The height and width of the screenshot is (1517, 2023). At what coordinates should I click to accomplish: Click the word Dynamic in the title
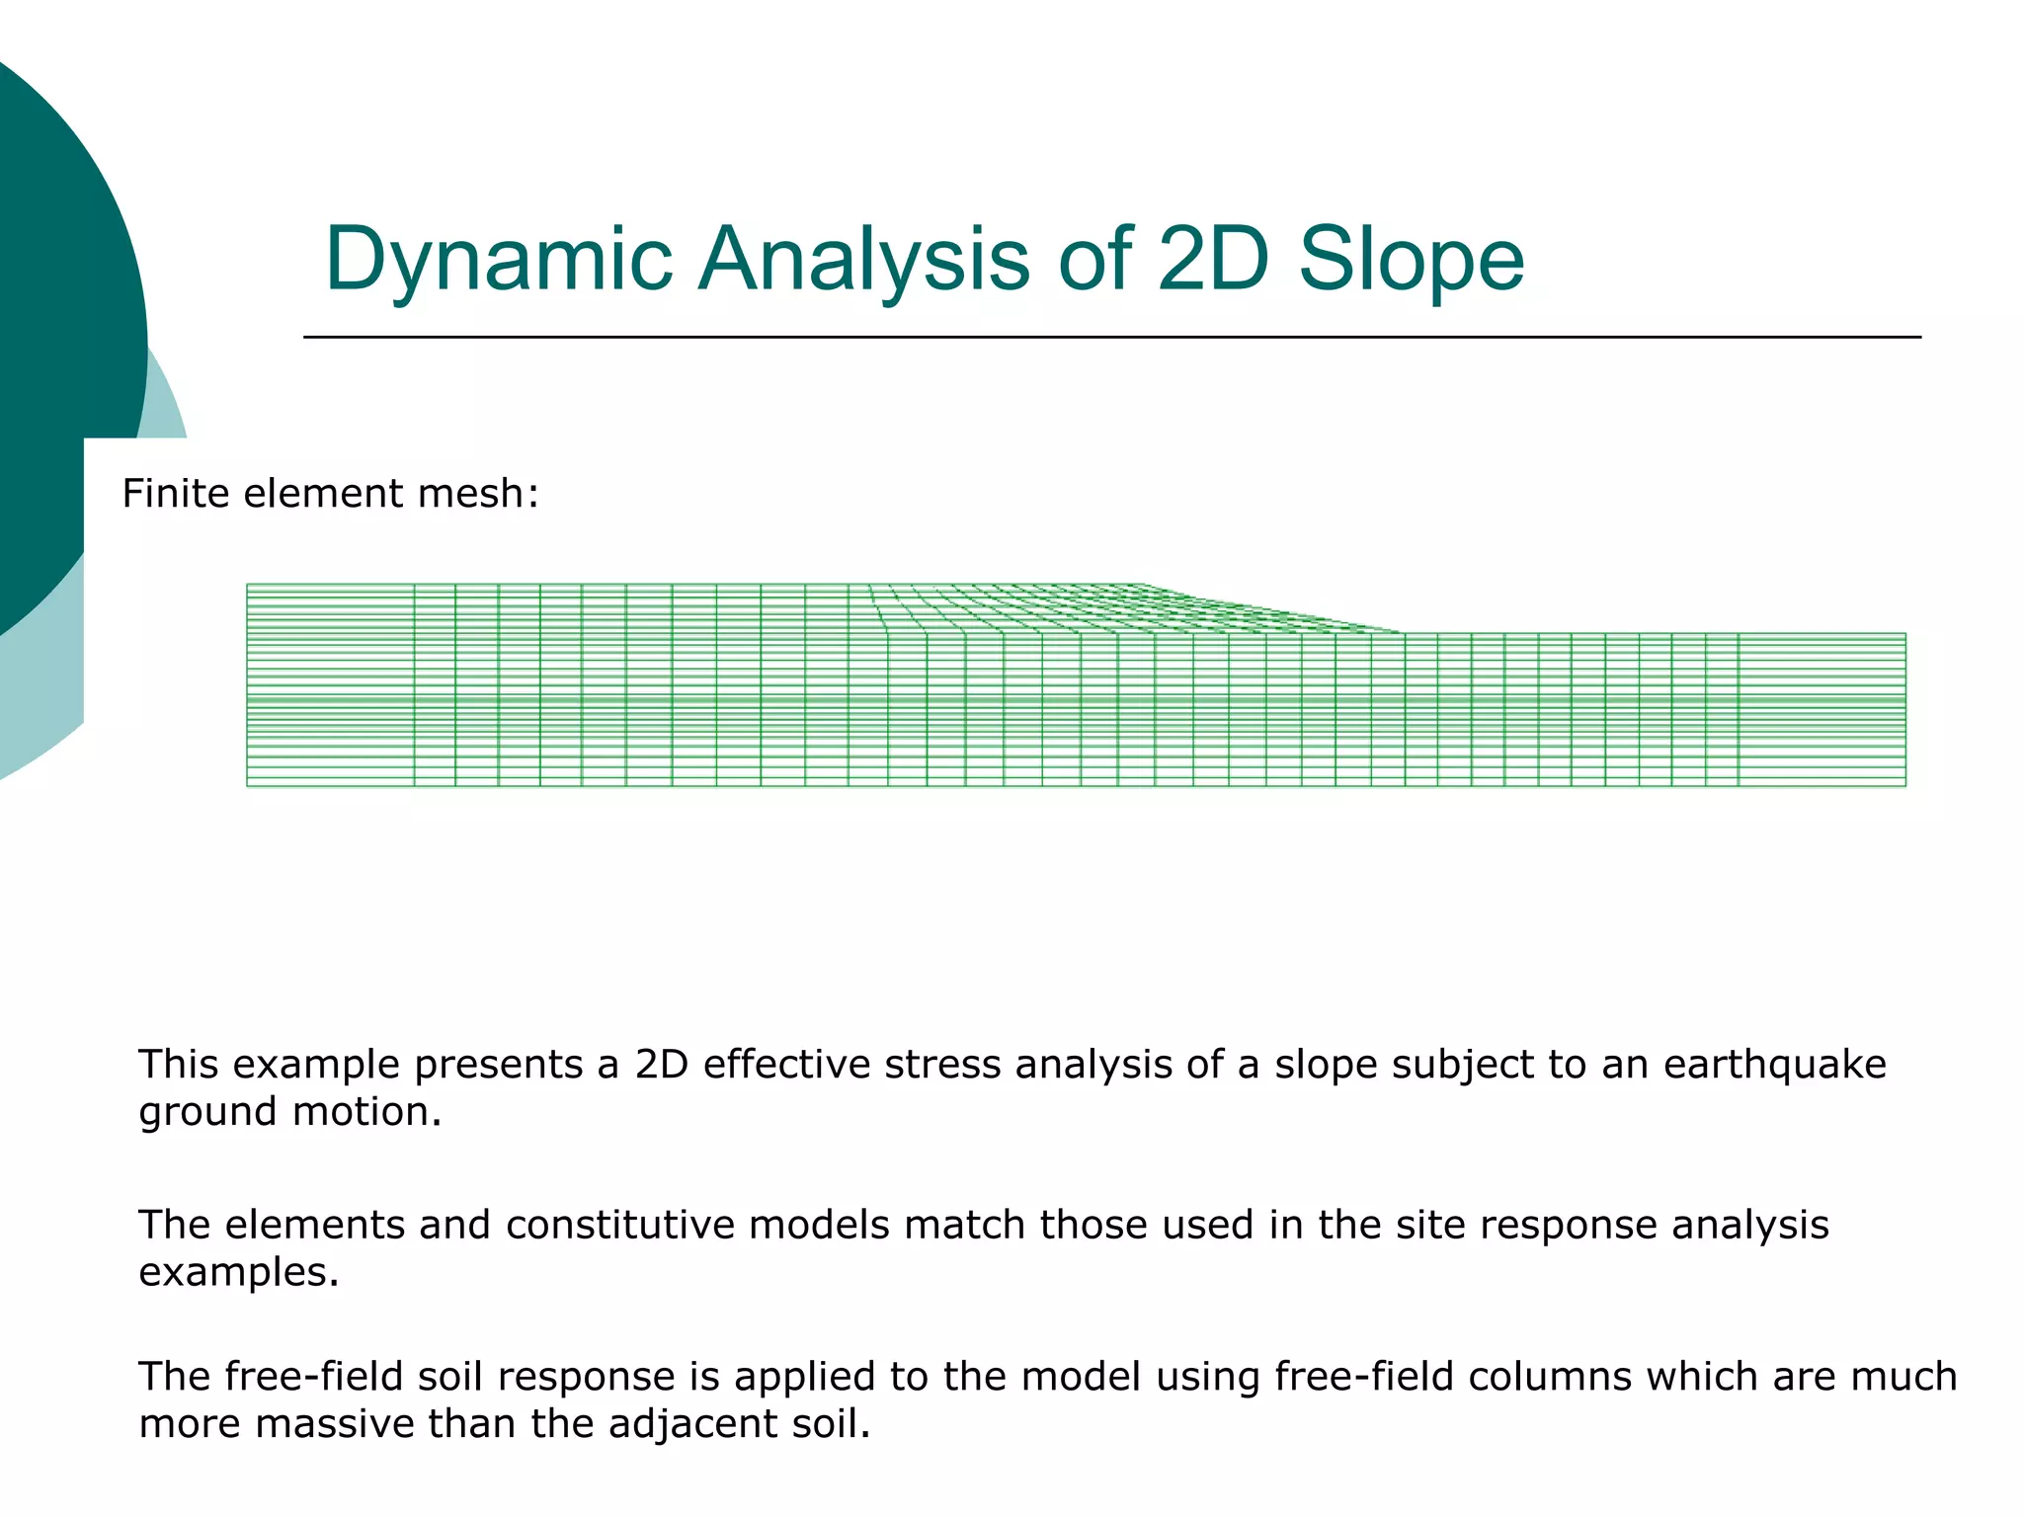tap(499, 259)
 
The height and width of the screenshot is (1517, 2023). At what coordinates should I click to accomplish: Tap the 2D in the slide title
tap(1211, 259)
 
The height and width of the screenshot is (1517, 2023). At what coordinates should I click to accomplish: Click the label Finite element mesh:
tap(330, 493)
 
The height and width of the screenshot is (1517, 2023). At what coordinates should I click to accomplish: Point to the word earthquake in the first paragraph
tap(1774, 1065)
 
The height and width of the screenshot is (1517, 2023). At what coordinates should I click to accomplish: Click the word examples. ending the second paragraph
tap(238, 1272)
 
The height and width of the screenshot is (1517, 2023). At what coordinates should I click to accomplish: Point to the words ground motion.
tap(289, 1112)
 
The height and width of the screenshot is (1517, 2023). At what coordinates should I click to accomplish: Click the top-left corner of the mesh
tap(247, 585)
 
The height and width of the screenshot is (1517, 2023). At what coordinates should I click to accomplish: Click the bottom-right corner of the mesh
tap(1905, 786)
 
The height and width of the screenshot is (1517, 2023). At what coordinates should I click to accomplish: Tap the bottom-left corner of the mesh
tap(247, 786)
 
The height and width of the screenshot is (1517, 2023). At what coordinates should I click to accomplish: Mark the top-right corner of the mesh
tap(1905, 633)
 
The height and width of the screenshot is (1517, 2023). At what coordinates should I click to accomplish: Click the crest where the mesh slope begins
tap(1144, 585)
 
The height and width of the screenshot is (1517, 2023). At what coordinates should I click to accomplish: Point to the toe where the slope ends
tap(1401, 632)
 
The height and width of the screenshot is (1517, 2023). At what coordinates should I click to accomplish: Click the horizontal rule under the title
tap(1111, 337)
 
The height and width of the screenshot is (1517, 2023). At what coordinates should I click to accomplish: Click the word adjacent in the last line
tap(688, 1424)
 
